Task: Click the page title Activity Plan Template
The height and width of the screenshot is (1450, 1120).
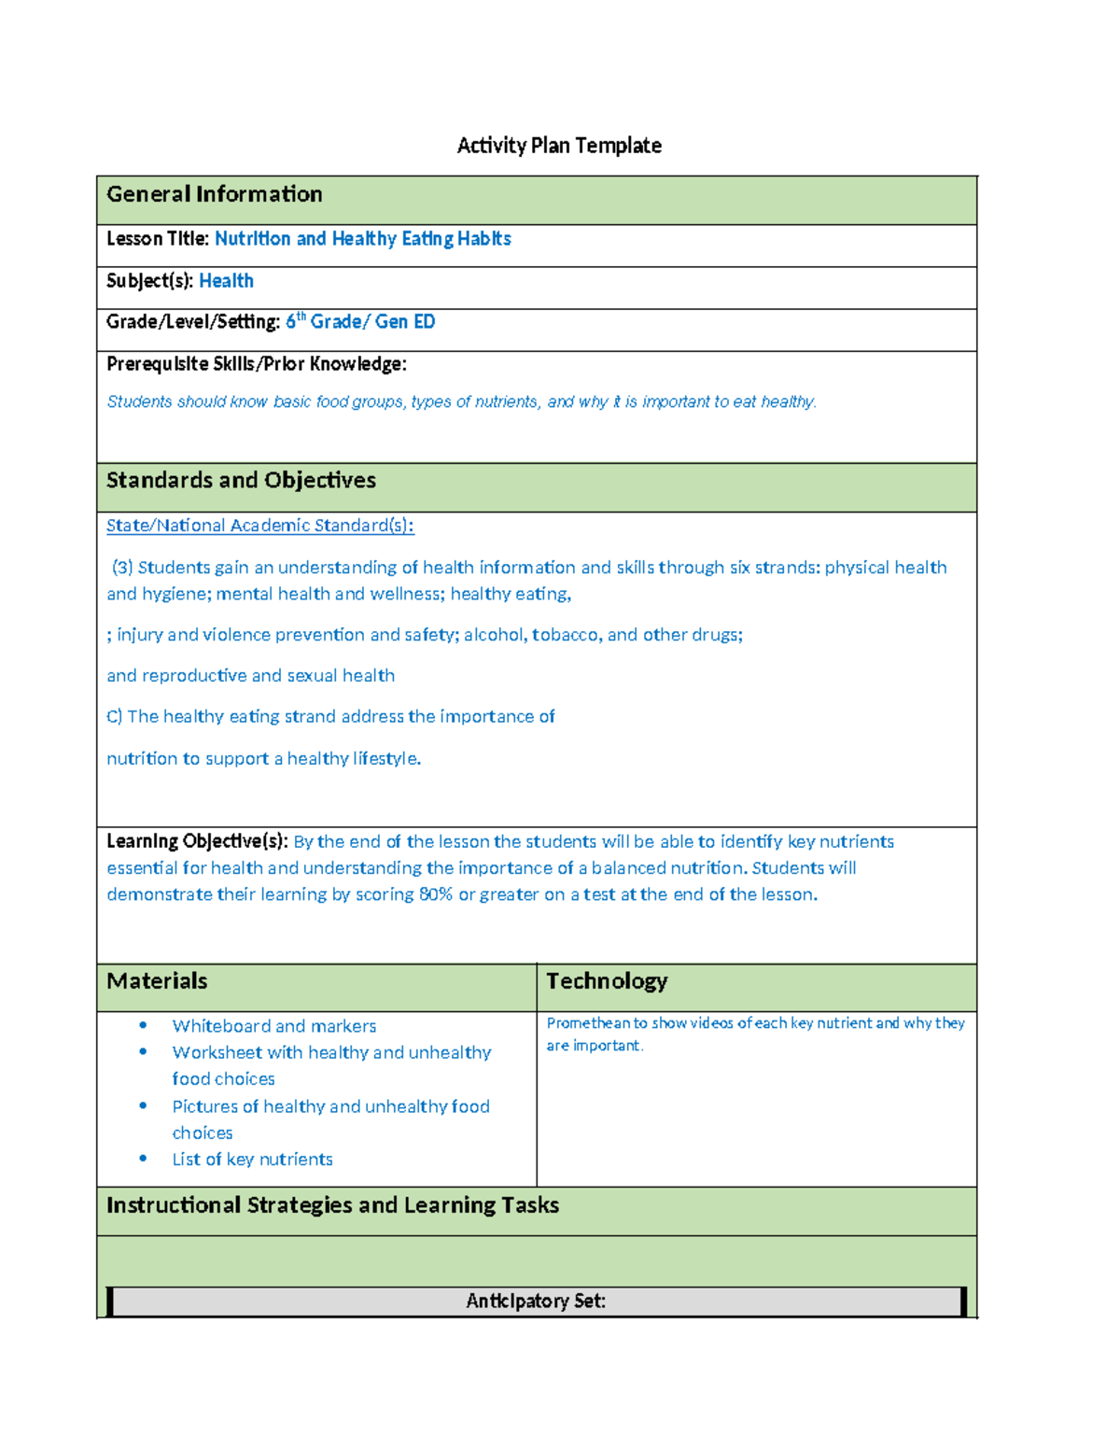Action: click(x=558, y=146)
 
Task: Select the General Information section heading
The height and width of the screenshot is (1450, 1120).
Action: click(x=214, y=194)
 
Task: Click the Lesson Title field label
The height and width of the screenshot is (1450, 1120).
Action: click(x=157, y=239)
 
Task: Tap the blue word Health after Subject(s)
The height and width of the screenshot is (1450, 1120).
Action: click(x=226, y=281)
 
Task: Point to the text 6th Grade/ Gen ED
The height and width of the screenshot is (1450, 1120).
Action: click(x=360, y=322)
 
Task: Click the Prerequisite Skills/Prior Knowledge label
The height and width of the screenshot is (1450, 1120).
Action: click(x=256, y=364)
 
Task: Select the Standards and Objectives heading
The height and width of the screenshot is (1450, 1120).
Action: click(x=241, y=480)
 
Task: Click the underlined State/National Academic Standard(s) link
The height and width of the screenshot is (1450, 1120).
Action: click(x=259, y=526)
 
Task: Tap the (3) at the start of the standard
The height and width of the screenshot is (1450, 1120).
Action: click(x=122, y=568)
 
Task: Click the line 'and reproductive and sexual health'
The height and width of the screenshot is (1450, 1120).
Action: click(x=250, y=676)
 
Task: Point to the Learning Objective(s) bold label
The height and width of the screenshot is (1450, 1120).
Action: click(x=197, y=841)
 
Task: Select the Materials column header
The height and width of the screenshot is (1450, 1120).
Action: click(x=157, y=981)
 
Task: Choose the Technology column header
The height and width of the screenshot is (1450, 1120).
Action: click(x=607, y=981)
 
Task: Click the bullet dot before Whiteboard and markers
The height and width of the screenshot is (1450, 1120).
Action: click(x=143, y=1025)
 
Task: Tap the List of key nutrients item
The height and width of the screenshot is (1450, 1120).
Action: click(x=252, y=1160)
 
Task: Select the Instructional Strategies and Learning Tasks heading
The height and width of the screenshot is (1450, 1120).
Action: click(x=332, y=1205)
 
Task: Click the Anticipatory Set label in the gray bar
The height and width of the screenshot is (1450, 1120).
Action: click(x=536, y=1302)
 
